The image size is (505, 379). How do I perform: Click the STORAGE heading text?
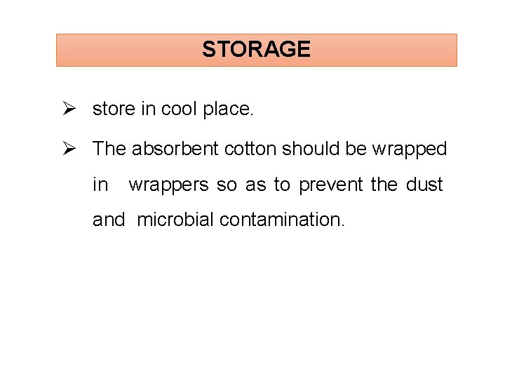256,49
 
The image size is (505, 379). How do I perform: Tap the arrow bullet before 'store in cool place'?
69,109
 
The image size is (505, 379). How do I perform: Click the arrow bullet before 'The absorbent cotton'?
69,148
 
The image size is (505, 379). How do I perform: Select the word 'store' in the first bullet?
110,109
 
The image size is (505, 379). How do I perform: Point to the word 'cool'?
179,109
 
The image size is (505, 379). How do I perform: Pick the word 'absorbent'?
175,149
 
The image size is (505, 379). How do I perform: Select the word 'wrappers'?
169,185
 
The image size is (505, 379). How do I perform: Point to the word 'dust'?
424,185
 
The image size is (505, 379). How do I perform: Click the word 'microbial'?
175,220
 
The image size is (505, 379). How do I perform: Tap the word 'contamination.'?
283,220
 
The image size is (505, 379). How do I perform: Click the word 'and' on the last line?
109,220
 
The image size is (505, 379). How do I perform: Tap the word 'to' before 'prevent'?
281,185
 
